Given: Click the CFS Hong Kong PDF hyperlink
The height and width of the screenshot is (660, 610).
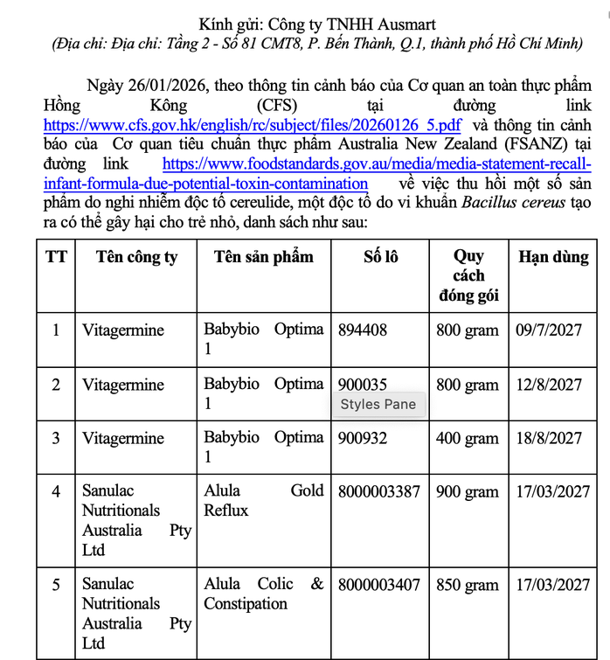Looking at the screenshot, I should (x=253, y=125).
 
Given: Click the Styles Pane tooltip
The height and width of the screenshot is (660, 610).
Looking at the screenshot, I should (x=378, y=404).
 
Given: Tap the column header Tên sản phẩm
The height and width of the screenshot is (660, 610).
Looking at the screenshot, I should (x=263, y=257).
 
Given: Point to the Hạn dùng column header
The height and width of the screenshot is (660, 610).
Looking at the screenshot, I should (x=553, y=257).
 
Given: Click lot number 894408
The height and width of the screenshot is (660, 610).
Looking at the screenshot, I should (x=363, y=330).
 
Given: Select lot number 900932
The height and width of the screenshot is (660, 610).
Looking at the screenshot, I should (x=363, y=438).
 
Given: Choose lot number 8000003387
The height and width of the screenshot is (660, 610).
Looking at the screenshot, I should (x=379, y=491).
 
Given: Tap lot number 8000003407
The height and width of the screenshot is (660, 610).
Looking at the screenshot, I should (x=379, y=584).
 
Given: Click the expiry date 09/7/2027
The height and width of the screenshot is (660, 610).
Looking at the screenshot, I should (x=548, y=330).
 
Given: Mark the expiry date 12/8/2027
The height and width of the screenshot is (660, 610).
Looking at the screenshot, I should (x=548, y=385).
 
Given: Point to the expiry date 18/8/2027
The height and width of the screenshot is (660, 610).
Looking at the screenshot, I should (x=548, y=438).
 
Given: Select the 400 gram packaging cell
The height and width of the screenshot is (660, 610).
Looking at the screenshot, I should (x=468, y=438).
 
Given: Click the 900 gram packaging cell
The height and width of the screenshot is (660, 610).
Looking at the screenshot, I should (x=468, y=491).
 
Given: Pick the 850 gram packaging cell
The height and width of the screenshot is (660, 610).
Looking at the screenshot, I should (x=468, y=584).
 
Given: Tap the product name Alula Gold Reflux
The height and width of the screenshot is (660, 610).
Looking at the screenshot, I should (x=263, y=500).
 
